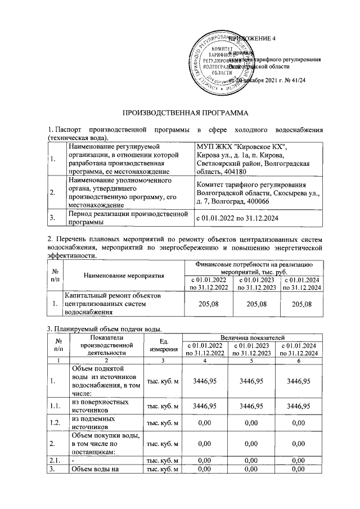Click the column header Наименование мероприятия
(x=123, y=276)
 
